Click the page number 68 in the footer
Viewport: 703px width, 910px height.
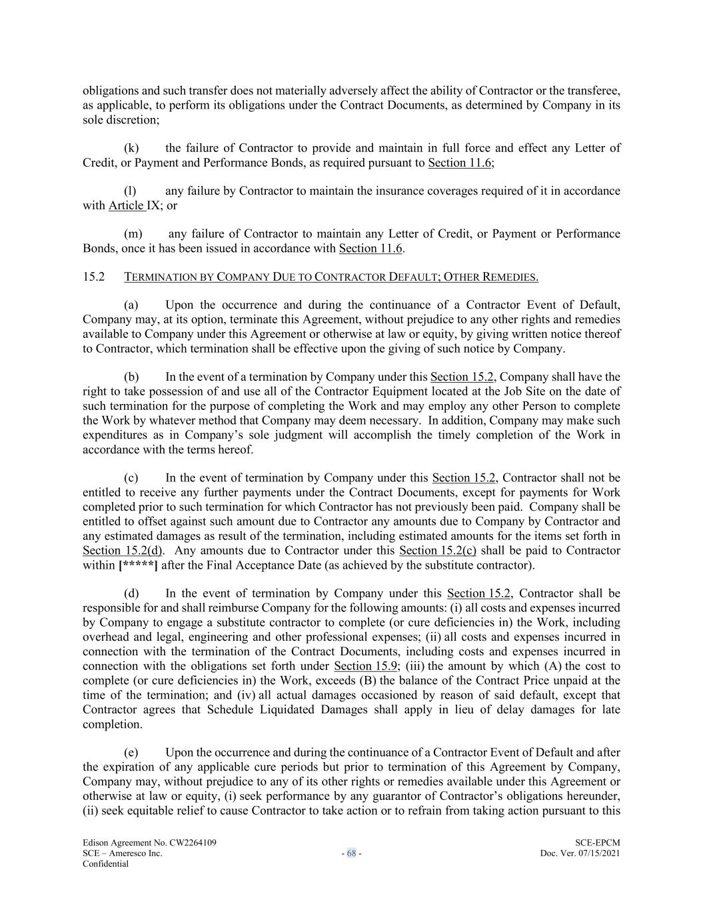click(x=351, y=853)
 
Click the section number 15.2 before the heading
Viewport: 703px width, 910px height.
click(x=93, y=277)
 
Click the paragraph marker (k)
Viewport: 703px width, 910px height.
click(x=131, y=148)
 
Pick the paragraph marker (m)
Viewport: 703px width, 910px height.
click(x=133, y=234)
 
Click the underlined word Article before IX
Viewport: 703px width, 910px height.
click(x=127, y=205)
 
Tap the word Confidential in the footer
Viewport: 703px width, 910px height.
click(x=105, y=864)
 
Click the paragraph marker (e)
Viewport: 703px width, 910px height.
click(x=131, y=753)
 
